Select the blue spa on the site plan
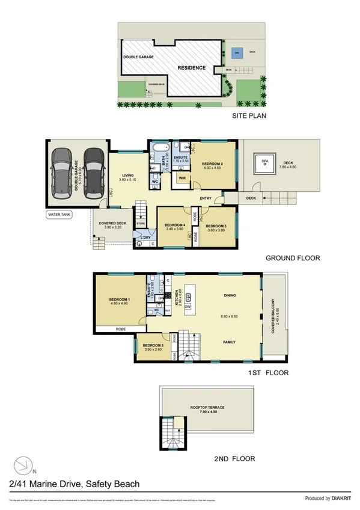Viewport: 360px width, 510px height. pyautogui.click(x=238, y=51)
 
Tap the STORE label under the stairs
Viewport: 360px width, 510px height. pyautogui.click(x=141, y=224)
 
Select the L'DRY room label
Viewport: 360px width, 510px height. pyautogui.click(x=144, y=238)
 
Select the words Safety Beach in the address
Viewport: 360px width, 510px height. pyautogui.click(x=113, y=484)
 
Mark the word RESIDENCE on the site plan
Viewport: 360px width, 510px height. pyautogui.click(x=191, y=68)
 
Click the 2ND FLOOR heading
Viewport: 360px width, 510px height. pyautogui.click(x=234, y=459)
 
